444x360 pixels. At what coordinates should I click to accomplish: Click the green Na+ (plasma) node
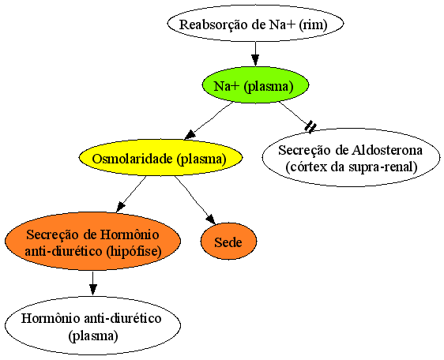point(255,85)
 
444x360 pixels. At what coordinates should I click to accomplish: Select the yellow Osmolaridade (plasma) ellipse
point(160,158)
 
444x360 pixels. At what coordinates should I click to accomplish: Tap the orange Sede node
point(228,241)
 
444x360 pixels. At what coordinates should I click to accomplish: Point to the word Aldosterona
point(387,150)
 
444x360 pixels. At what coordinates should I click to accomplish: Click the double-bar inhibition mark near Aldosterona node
point(310,126)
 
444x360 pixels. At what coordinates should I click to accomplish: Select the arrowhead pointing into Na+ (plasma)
point(255,60)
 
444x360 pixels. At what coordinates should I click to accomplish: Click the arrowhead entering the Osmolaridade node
point(190,135)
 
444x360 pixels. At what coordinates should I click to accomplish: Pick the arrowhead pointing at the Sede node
point(211,219)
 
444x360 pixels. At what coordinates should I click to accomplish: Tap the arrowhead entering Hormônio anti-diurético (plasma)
point(93,290)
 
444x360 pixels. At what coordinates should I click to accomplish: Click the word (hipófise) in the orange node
point(134,251)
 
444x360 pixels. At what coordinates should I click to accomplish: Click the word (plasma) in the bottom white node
point(93,336)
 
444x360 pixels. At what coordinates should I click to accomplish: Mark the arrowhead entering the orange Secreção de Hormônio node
point(121,207)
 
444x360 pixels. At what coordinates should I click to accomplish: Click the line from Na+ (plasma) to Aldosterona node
point(295,114)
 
